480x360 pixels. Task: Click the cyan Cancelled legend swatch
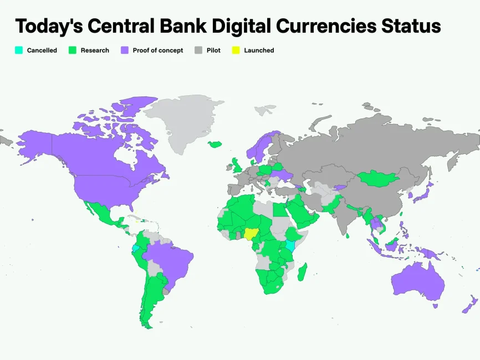pyautogui.click(x=18, y=50)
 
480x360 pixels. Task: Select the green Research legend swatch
pyautogui.click(x=72, y=50)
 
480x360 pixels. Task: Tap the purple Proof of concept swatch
pyautogui.click(x=124, y=50)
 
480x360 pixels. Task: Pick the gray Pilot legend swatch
pyautogui.click(x=198, y=50)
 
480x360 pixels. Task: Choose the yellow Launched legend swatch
pyautogui.click(x=236, y=50)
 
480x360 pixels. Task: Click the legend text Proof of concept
pyautogui.click(x=157, y=50)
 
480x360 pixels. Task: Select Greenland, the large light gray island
pyautogui.click(x=183, y=119)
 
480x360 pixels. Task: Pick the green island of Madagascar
pyautogui.click(x=303, y=271)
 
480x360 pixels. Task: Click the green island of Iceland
pyautogui.click(x=215, y=145)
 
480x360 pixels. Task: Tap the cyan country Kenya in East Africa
pyautogui.click(x=289, y=246)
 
